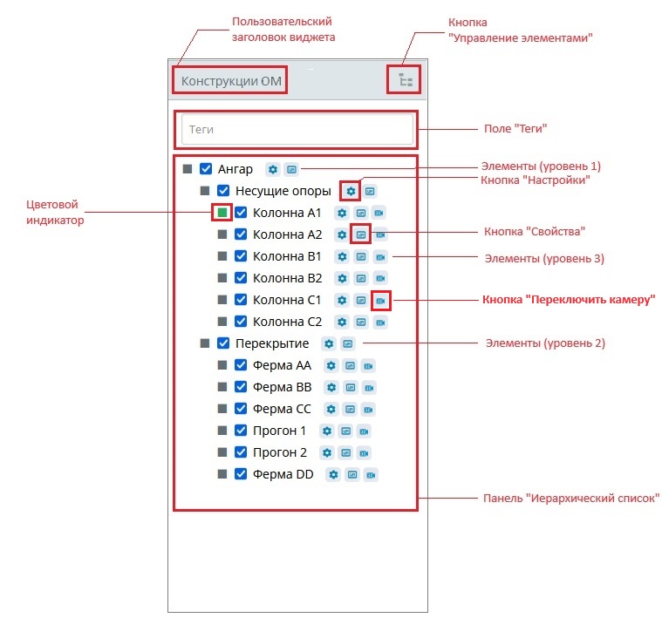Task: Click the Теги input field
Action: (x=297, y=129)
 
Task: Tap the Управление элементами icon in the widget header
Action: (x=405, y=81)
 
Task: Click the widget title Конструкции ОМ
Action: (x=231, y=81)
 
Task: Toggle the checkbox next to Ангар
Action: (x=207, y=169)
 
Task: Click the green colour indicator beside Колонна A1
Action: (x=222, y=212)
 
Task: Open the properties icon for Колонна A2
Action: (x=360, y=234)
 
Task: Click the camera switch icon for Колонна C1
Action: (x=380, y=300)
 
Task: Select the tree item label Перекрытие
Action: (x=272, y=343)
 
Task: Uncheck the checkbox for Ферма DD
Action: (x=242, y=474)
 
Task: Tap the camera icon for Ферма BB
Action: (x=369, y=387)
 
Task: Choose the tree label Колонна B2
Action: (x=287, y=278)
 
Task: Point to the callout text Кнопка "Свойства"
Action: (x=534, y=232)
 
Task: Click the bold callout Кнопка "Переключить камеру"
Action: (x=569, y=300)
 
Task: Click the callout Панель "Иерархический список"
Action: (x=571, y=499)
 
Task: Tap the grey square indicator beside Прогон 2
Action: (x=222, y=452)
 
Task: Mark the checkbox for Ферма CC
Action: (x=242, y=409)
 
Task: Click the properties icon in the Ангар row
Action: (x=291, y=169)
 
